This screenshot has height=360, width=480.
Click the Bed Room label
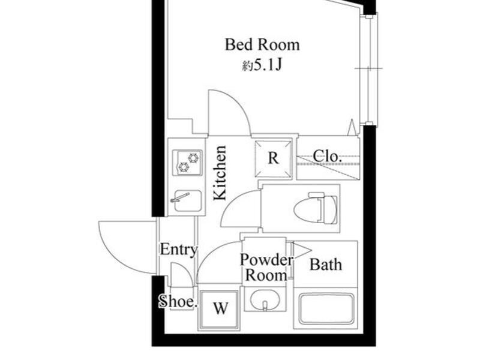pyautogui.click(x=262, y=45)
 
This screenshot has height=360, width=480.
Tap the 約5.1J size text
pyautogui.click(x=262, y=65)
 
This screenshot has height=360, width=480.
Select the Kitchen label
pyautogui.click(x=220, y=173)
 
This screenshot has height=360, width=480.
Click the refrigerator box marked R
pyautogui.click(x=273, y=158)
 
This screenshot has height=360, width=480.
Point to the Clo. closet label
pyautogui.click(x=327, y=157)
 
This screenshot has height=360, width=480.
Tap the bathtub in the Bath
pyautogui.click(x=326, y=309)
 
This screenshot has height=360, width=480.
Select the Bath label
pyautogui.click(x=326, y=265)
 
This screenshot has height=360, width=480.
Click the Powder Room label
pyautogui.click(x=266, y=268)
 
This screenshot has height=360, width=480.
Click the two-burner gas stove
pyautogui.click(x=188, y=163)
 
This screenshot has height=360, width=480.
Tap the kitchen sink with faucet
pyautogui.click(x=187, y=200)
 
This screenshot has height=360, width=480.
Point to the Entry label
pyautogui.click(x=178, y=250)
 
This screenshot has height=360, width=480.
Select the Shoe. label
pyautogui.click(x=178, y=302)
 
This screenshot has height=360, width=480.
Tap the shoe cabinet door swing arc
pyautogui.click(x=187, y=269)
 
